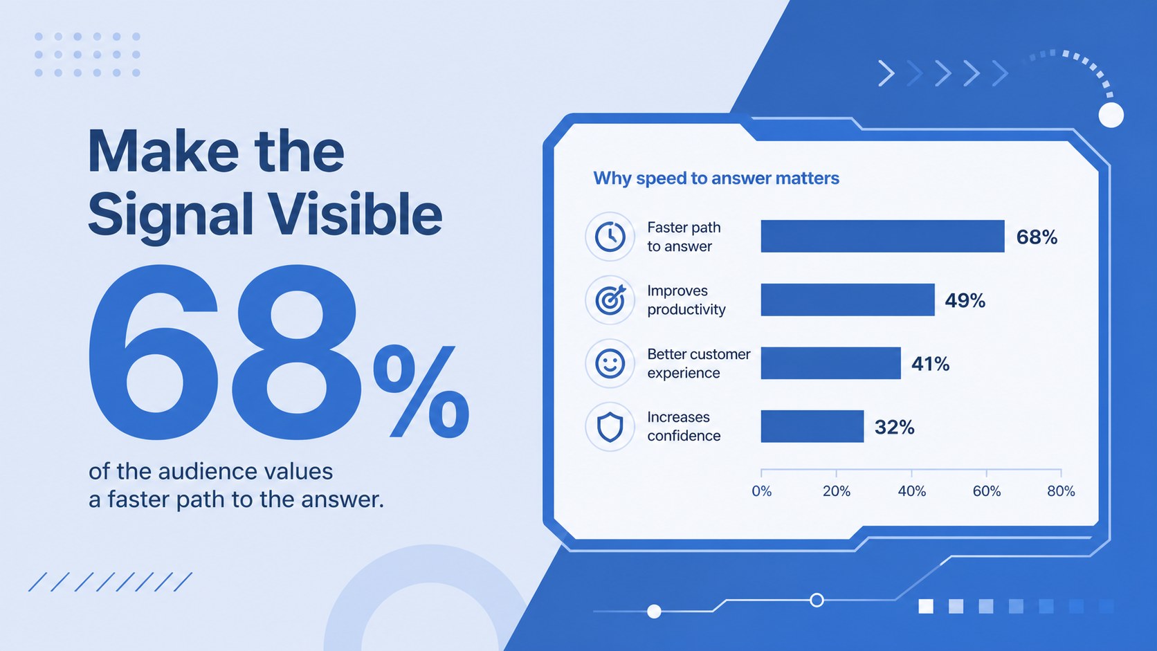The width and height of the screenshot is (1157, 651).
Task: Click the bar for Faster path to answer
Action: tap(882, 236)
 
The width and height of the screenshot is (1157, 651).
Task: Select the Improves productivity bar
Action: tap(848, 300)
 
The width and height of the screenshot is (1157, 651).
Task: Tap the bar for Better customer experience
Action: tap(830, 363)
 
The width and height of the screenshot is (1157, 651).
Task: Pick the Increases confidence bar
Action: tap(812, 426)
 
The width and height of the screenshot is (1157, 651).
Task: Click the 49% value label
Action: tap(965, 300)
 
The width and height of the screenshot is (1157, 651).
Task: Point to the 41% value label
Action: tap(930, 364)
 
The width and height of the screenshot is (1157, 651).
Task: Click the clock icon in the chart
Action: tap(610, 237)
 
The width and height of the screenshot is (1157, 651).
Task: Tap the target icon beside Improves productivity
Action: tap(610, 300)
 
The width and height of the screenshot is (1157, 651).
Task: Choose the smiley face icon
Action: tap(610, 363)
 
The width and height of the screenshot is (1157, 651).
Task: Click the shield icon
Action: tap(610, 427)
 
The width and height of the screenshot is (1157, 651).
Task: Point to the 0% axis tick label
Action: tap(761, 491)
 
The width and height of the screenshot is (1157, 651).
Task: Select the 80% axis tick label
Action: tap(1061, 491)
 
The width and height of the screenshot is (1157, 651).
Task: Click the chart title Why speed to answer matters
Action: tap(716, 178)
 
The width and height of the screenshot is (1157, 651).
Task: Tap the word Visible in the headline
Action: tap(356, 214)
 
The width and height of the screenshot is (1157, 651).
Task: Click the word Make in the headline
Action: tap(163, 152)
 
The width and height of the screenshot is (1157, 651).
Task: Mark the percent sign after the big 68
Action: tap(421, 392)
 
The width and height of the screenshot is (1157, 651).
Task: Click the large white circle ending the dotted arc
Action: tap(1111, 115)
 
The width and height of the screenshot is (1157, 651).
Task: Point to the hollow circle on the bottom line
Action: tap(817, 600)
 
